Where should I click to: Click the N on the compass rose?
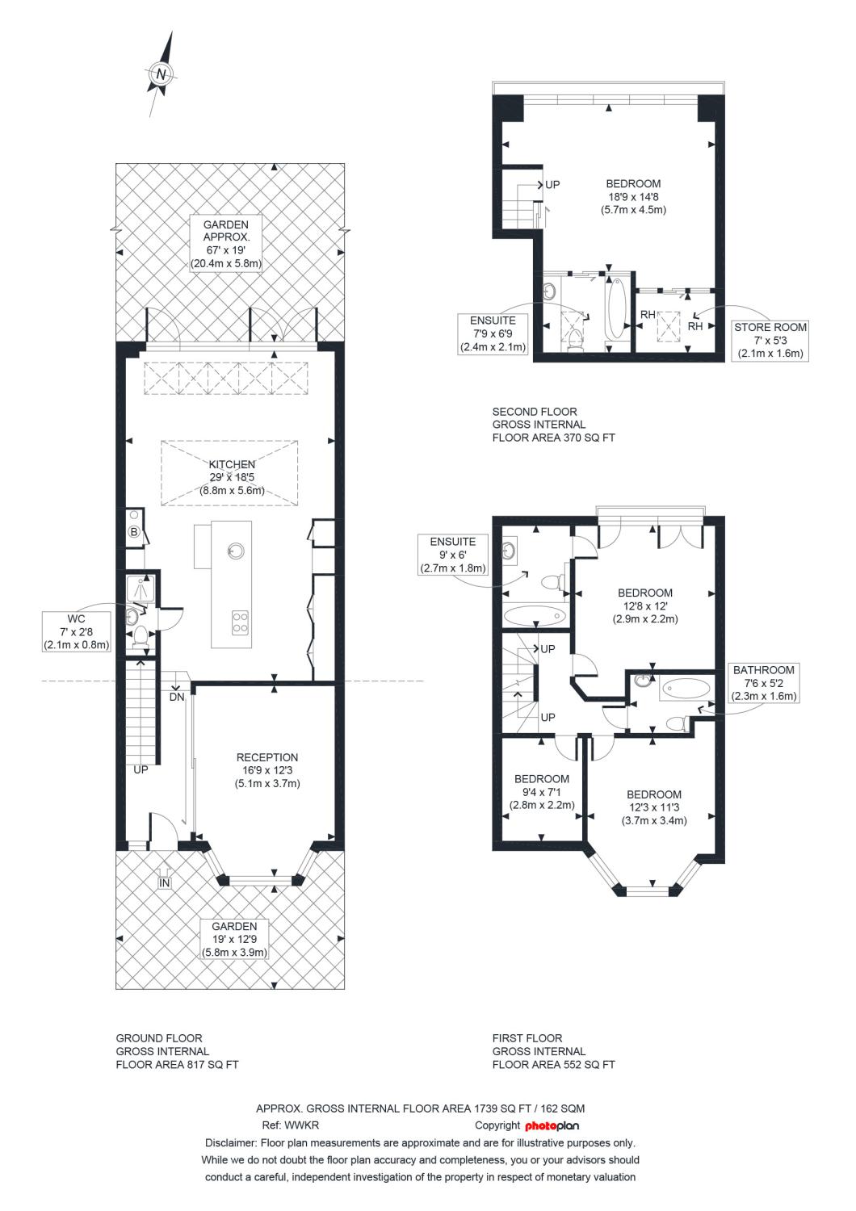160,74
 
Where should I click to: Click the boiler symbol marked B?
133,531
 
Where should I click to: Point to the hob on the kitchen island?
240,622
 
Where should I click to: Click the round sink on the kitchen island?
235,551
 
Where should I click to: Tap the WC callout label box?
76,631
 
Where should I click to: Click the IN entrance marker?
165,883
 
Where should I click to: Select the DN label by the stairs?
177,697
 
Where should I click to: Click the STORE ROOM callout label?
770,341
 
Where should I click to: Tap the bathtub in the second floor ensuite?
616,308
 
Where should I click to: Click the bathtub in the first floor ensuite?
535,615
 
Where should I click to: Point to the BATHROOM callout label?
763,683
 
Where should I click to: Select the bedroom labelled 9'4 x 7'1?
542,792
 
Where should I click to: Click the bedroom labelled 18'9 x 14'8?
633,197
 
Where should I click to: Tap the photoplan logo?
552,1125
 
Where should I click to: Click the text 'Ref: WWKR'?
291,1125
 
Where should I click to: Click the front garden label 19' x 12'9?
234,939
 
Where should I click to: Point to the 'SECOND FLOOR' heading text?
535,412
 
